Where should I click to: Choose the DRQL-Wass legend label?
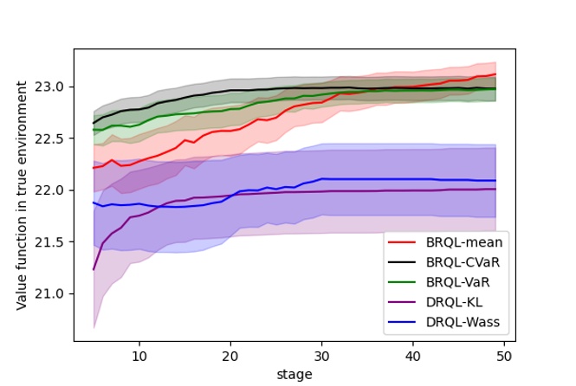tap(463, 324)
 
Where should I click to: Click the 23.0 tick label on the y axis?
tap(54, 87)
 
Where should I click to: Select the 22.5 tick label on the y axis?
tap(54, 138)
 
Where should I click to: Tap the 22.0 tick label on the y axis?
tap(54, 190)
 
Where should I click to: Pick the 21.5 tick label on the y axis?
tap(54, 241)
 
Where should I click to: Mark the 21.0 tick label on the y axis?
tap(54, 293)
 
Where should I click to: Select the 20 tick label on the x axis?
tap(230, 355)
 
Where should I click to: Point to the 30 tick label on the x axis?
tap(321, 355)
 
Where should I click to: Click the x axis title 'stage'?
tap(294, 373)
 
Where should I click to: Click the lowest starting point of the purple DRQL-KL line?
tap(94, 269)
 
